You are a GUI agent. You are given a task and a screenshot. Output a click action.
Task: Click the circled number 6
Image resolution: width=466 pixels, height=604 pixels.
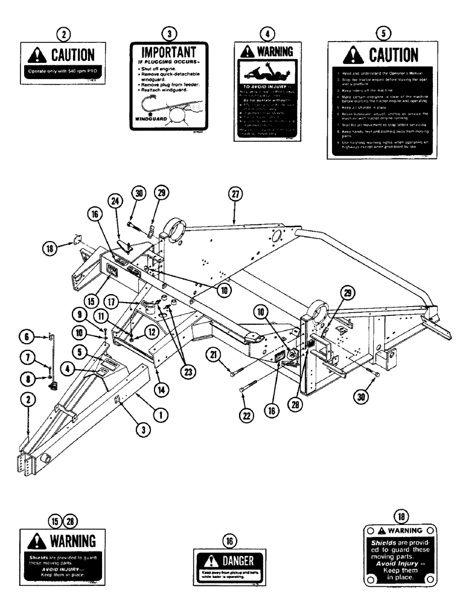point(27,338)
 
